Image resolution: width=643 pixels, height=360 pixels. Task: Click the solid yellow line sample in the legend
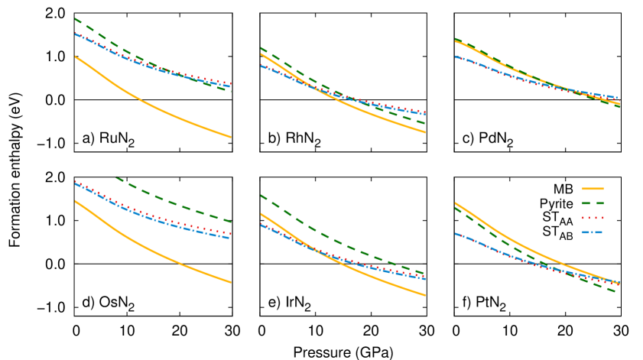593,188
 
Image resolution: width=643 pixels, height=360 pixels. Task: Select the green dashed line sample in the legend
593,203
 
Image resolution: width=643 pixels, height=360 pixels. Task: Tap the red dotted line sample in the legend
593,218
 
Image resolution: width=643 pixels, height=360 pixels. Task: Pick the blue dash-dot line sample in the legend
593,232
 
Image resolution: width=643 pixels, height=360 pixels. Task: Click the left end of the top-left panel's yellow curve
75,57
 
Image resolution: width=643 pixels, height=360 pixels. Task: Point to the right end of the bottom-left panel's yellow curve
231,282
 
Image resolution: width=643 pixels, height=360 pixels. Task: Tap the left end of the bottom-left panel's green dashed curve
115,177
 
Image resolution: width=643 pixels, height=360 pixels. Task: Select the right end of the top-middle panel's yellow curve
425,132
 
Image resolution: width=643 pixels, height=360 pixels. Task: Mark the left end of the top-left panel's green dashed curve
75,19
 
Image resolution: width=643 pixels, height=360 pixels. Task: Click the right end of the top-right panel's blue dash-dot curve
619,98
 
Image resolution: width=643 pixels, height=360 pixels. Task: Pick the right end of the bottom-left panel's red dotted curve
231,233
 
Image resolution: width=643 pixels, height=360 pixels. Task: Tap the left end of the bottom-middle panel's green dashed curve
261,196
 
